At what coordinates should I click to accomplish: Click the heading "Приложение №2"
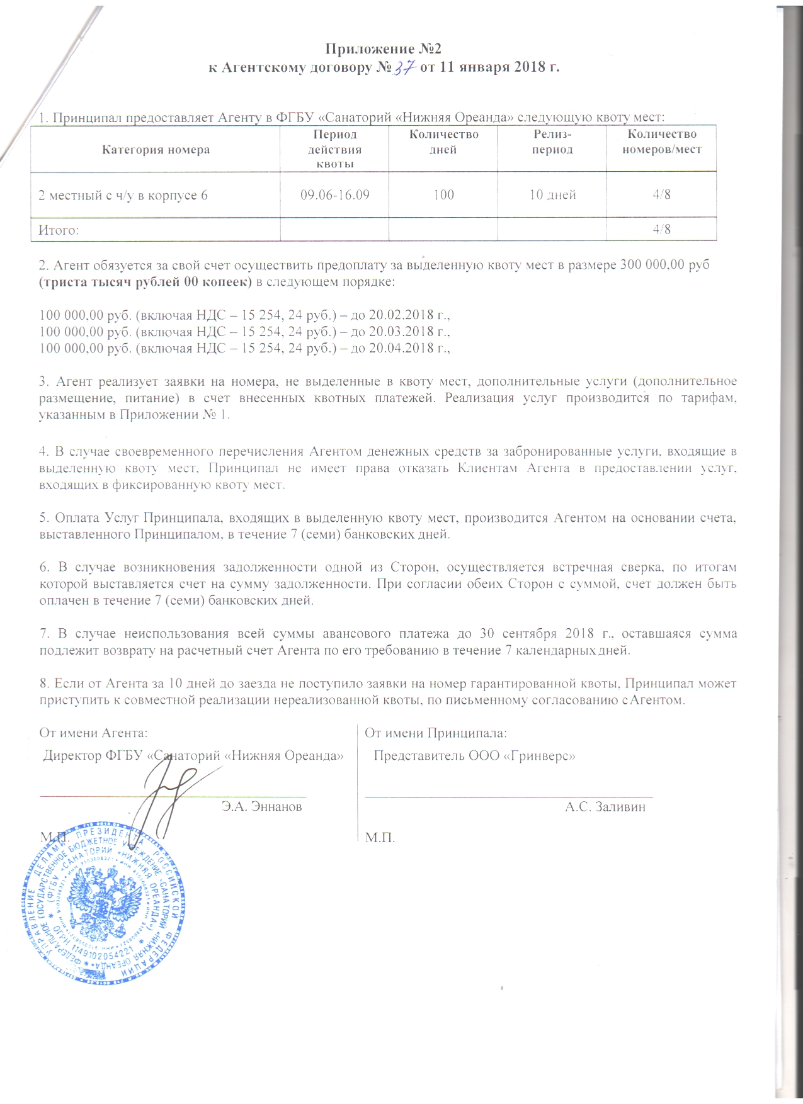(384, 49)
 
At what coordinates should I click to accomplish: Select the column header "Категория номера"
(156, 150)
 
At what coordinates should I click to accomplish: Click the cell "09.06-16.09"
(334, 194)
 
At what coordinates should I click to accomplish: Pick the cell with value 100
(443, 194)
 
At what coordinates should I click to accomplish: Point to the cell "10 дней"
(552, 194)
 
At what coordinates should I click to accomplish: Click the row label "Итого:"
(59, 230)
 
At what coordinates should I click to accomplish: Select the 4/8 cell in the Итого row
(661, 229)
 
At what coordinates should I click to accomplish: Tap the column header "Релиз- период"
(552, 142)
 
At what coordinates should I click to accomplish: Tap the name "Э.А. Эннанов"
(261, 806)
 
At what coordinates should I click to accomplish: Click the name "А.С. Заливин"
(605, 807)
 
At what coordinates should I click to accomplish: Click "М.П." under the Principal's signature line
(380, 838)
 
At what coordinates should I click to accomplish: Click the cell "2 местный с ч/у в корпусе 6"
(123, 195)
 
